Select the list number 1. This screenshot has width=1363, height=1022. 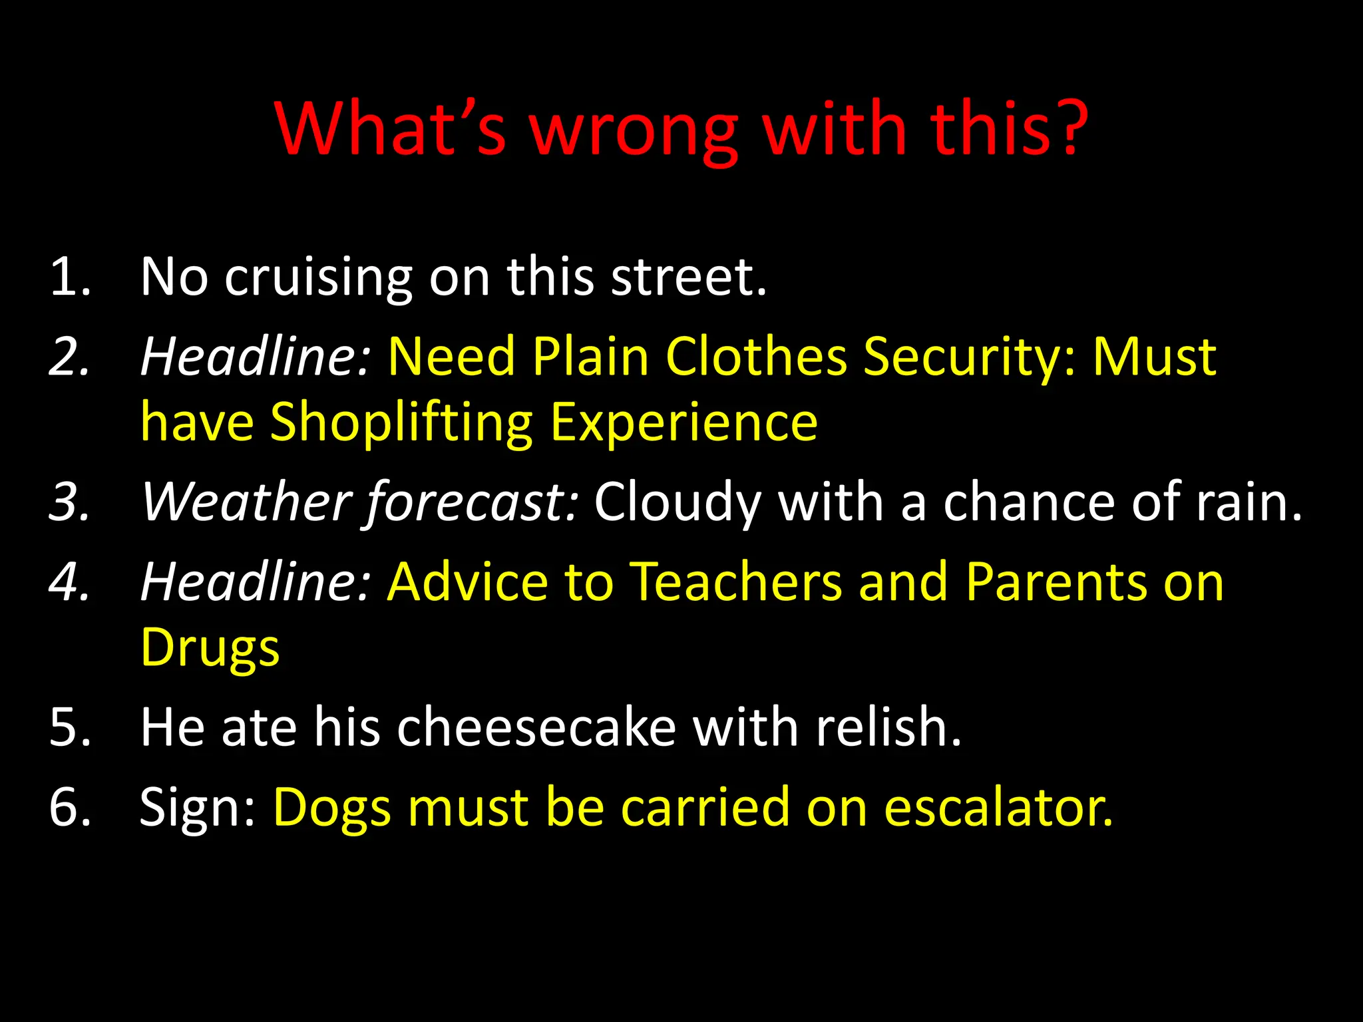click(69, 276)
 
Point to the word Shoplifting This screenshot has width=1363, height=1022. click(401, 423)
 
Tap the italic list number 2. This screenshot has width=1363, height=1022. click(69, 357)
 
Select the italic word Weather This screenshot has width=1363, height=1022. click(246, 502)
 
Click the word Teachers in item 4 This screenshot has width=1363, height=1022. click(736, 582)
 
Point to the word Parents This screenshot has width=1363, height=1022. click(1056, 582)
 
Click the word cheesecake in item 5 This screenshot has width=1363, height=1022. click(536, 727)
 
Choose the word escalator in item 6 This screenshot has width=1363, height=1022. click(998, 808)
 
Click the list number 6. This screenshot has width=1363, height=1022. click(69, 808)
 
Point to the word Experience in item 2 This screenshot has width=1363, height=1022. click(684, 423)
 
